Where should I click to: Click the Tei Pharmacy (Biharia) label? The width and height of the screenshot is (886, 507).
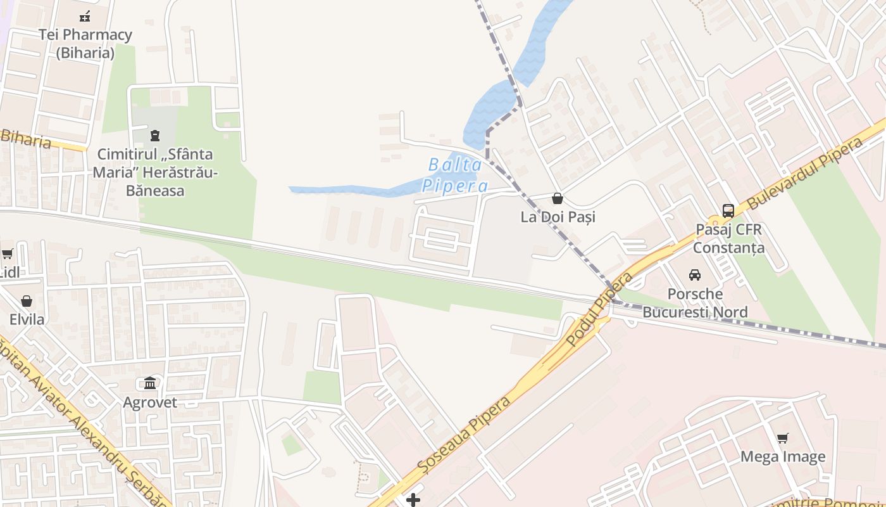pos(85,44)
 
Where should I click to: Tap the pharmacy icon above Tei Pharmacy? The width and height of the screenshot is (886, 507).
pos(85,16)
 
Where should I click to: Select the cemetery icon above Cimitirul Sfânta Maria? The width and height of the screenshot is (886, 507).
pos(155,135)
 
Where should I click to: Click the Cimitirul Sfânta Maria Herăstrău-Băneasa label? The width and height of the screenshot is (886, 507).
pos(155,172)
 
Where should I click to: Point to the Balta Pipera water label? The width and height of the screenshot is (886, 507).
pos(455,176)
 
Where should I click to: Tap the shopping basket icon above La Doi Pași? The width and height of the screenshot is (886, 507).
pos(558,198)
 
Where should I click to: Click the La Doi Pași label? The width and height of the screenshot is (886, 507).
pos(558,217)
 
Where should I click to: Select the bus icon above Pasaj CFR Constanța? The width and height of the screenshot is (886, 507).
pos(728,210)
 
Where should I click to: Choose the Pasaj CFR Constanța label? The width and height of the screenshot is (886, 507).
pos(728,238)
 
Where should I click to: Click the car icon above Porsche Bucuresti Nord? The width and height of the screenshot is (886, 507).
pos(695,275)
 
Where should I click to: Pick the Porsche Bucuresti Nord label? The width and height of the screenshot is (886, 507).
pos(695,303)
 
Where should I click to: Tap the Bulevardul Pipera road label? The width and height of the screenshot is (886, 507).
pos(805,172)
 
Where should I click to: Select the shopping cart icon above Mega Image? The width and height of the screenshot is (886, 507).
pos(783,438)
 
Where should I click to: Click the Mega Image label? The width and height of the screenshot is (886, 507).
pos(783,456)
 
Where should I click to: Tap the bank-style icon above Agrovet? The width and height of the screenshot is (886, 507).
pos(150,383)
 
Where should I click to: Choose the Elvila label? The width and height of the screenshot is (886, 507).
pos(27,319)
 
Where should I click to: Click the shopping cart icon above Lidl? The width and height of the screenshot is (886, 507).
pos(8,254)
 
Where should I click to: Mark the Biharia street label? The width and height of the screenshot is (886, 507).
pos(25,138)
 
